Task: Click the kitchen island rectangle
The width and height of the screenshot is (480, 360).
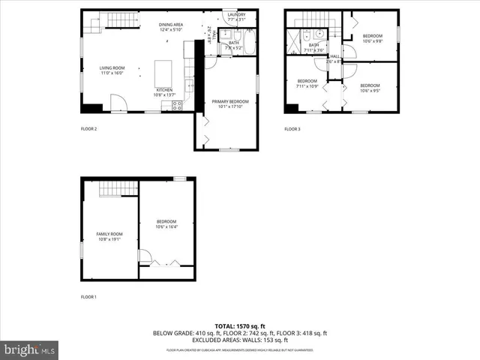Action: coord(163,73)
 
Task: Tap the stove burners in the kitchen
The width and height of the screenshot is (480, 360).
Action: coord(177,106)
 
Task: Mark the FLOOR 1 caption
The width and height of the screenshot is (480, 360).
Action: coord(89,298)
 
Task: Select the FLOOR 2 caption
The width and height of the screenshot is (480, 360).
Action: coord(89,129)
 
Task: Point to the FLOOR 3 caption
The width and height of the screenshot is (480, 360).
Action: coord(292,129)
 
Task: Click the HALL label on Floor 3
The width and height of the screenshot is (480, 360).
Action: coord(334,58)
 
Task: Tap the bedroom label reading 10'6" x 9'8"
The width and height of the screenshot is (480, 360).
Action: coord(373,38)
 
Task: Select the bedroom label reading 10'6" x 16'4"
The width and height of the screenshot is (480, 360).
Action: coord(166,223)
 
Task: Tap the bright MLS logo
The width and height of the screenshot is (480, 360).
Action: coord(30,348)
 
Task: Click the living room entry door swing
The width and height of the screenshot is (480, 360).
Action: coord(118,103)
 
